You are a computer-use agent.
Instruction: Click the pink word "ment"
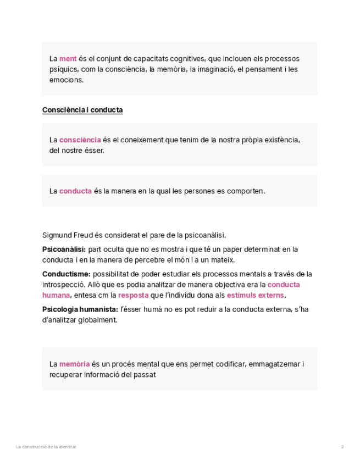click(x=68, y=59)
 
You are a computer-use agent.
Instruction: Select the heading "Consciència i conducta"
click(x=82, y=110)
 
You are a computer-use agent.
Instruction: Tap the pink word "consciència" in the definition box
click(x=80, y=140)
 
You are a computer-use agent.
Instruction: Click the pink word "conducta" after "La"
click(x=75, y=191)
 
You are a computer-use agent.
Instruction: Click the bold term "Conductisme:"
click(x=67, y=274)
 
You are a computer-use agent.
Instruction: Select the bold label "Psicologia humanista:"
click(x=80, y=309)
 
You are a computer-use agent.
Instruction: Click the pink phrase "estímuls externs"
click(x=255, y=295)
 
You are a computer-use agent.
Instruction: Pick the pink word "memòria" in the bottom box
click(x=75, y=364)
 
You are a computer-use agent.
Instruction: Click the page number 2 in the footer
click(x=342, y=447)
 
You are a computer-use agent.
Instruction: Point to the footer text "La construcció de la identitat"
click(x=46, y=447)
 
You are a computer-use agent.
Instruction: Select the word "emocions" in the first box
click(x=66, y=80)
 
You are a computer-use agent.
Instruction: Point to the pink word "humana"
click(x=56, y=295)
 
